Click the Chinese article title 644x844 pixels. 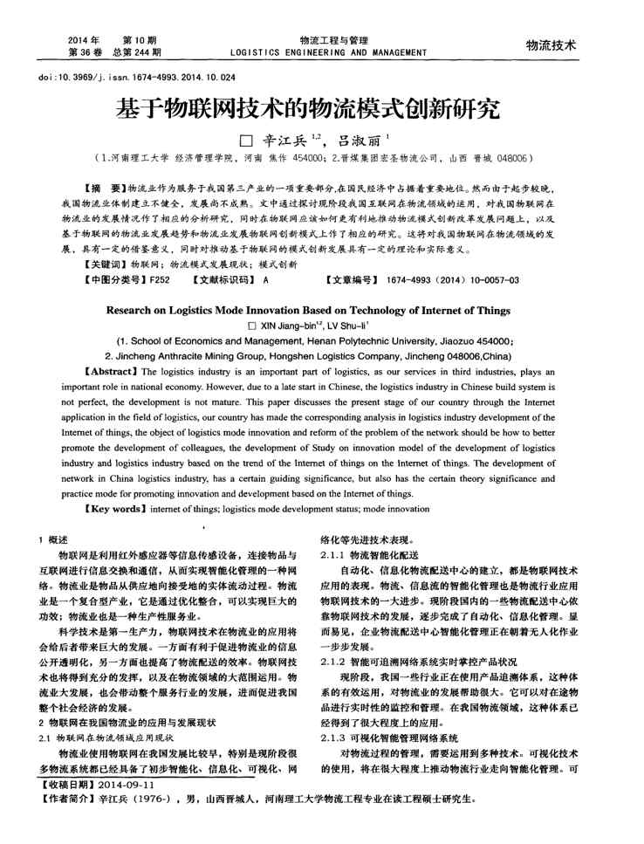(321, 110)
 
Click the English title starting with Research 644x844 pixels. (321, 309)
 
